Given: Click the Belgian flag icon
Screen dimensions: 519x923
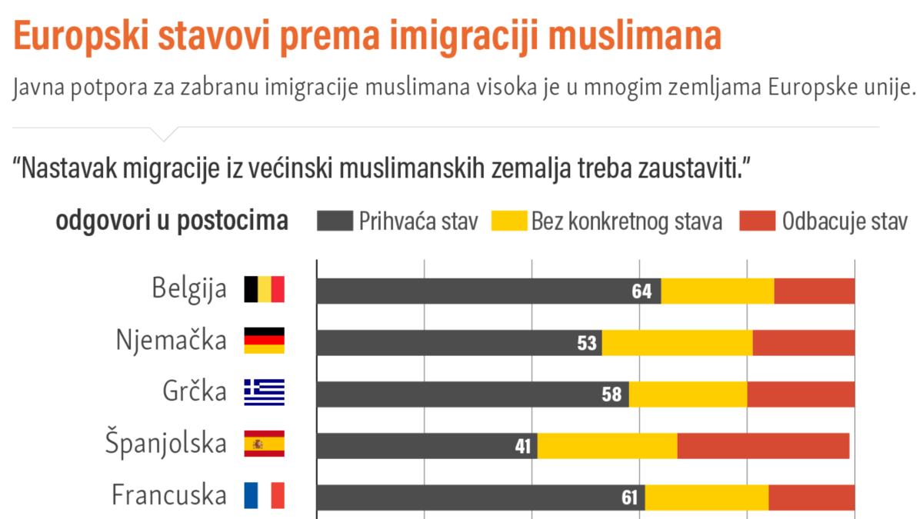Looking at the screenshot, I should coord(264,290).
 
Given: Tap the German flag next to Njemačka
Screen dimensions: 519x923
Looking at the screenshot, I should coord(264,341).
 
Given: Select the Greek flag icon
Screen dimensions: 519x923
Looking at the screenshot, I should coord(264,392).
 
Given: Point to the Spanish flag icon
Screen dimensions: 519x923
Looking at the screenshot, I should coord(264,444).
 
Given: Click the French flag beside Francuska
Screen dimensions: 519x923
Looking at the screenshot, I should coord(264,495).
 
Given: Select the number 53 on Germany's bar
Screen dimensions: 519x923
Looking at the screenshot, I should coord(587,343).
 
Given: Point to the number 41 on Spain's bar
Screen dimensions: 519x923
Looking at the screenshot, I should coord(523,446).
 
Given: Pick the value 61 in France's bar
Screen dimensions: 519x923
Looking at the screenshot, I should coord(630,497).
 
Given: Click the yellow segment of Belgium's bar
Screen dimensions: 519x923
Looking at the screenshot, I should coord(717,291).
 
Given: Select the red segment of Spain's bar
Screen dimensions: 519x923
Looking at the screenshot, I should coord(763,446).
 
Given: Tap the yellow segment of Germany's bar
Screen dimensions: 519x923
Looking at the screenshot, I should coord(677,343).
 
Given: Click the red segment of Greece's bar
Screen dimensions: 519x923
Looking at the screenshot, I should coord(801,394).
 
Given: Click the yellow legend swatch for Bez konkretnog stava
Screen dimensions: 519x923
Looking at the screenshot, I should coord(508,221).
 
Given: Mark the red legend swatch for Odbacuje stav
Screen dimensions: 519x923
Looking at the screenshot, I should coord(757,221).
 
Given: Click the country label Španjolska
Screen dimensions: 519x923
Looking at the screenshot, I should coord(166,444).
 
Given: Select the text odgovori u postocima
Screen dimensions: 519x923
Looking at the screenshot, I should coord(172,221).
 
